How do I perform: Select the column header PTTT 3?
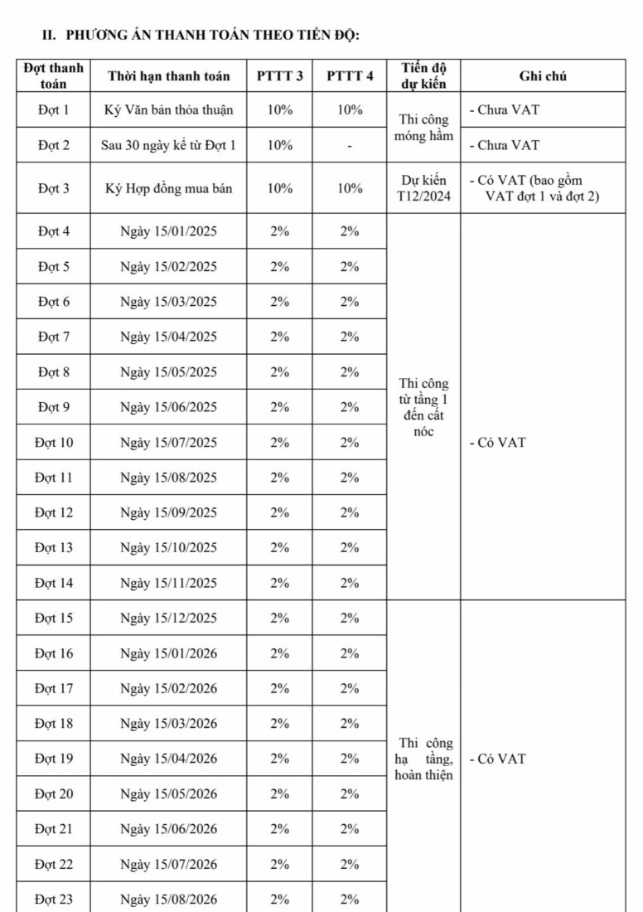(279, 76)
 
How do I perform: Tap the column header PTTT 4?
(350, 76)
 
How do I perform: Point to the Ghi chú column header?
(543, 76)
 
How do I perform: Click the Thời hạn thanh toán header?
(169, 76)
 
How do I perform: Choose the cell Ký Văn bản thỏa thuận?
(169, 109)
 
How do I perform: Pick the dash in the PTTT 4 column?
(350, 146)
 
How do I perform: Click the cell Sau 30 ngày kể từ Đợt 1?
(169, 145)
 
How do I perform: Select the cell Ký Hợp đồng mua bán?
(169, 188)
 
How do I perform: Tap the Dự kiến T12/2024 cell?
(423, 188)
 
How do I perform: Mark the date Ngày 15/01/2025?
(169, 231)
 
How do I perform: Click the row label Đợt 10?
(54, 443)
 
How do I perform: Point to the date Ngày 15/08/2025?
(169, 478)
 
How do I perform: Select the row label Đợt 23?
(54, 900)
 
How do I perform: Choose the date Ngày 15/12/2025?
(169, 618)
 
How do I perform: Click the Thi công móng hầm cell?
(423, 128)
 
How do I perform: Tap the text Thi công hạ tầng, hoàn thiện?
(423, 759)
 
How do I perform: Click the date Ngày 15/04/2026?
(169, 759)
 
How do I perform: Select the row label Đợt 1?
(54, 109)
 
